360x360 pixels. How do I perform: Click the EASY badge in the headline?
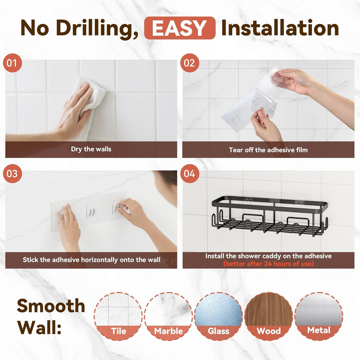pyautogui.click(x=180, y=28)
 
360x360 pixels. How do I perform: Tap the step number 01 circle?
pyautogui.click(x=12, y=63)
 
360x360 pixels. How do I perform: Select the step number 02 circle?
pyautogui.click(x=189, y=63)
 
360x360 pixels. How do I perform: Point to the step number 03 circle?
pyautogui.click(x=12, y=174)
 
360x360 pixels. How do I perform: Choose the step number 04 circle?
pyautogui.click(x=189, y=174)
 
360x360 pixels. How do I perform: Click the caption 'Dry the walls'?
pyautogui.click(x=91, y=149)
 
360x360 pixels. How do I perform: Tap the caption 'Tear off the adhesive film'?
pyautogui.click(x=268, y=150)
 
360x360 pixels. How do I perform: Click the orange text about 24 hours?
pyautogui.click(x=268, y=264)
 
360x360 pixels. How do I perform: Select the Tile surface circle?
pyautogui.click(x=118, y=316)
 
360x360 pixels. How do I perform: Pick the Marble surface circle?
pyautogui.click(x=168, y=316)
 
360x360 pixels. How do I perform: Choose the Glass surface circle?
pyautogui.click(x=218, y=316)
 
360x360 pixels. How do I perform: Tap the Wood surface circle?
pyautogui.click(x=269, y=316)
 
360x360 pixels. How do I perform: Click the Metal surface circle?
pyautogui.click(x=319, y=316)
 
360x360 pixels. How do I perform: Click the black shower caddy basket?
pyautogui.click(x=270, y=216)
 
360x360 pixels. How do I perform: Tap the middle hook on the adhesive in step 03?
pyautogui.click(x=91, y=212)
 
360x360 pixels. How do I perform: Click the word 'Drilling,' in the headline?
pyautogui.click(x=97, y=28)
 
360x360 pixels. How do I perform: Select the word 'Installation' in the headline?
pyautogui.click(x=280, y=28)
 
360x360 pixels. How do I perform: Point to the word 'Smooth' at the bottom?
pyautogui.click(x=51, y=306)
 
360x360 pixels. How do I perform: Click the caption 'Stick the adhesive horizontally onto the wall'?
pyautogui.click(x=91, y=260)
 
